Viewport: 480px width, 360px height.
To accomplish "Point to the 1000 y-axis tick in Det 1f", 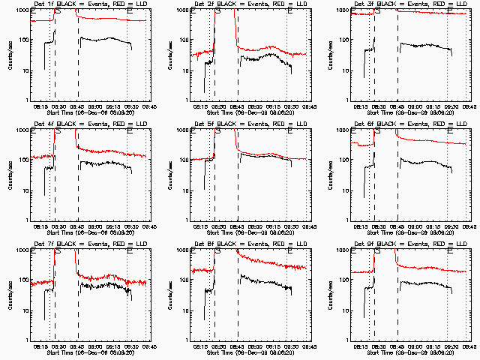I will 22,12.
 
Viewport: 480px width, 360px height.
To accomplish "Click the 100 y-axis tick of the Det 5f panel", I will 184,160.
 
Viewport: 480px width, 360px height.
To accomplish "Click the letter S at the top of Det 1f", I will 58,13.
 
